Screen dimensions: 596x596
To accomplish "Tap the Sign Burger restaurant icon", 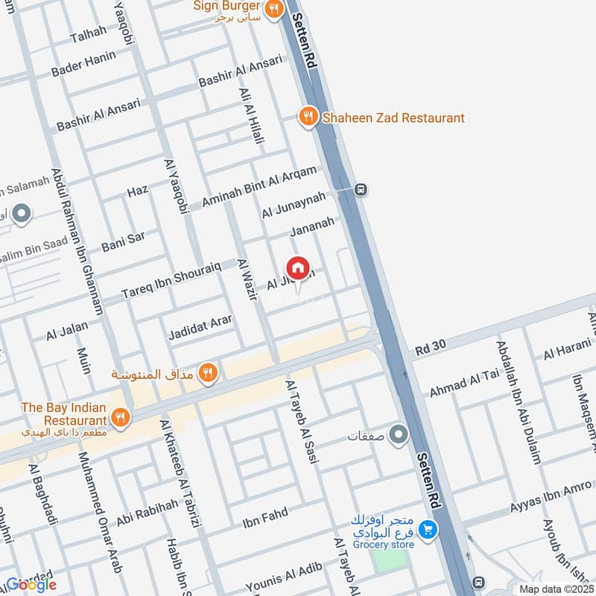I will point(274,9).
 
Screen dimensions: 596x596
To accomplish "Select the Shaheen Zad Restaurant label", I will point(393,118).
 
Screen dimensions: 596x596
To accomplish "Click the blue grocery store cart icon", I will point(428,530).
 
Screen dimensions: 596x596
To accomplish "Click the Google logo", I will point(31,585).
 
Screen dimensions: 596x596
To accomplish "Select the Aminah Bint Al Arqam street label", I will point(259,186).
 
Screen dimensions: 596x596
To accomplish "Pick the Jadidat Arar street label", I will point(200,325).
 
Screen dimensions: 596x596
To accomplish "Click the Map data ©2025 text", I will point(555,589).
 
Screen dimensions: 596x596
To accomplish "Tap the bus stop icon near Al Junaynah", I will point(361,189).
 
